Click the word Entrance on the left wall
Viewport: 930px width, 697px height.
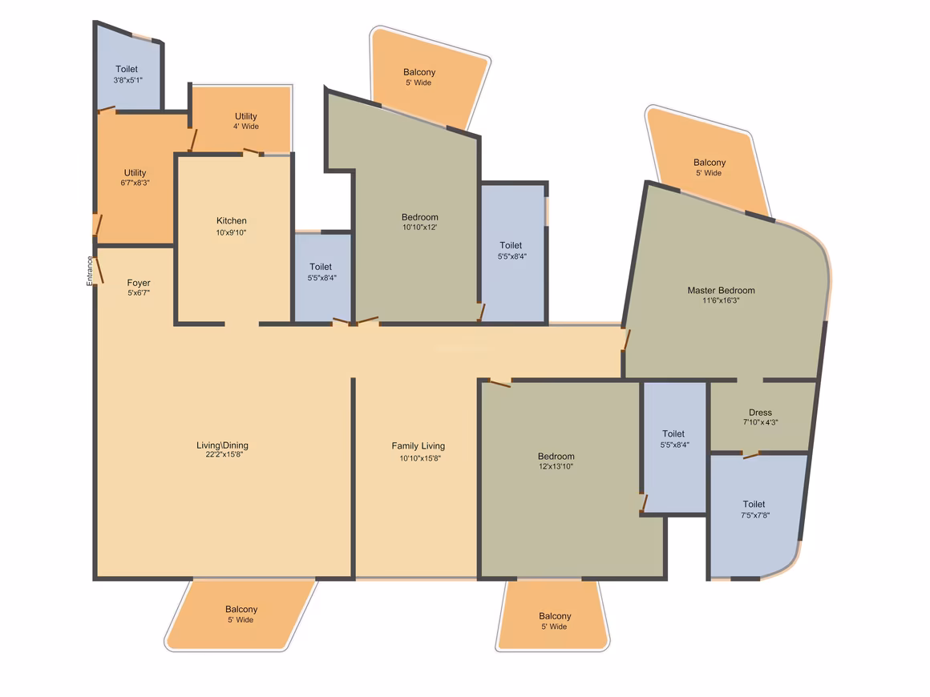[x=90, y=271]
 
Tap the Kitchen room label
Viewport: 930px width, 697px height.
[x=232, y=220]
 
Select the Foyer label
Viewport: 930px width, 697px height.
[x=139, y=283]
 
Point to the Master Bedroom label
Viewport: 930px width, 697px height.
[x=722, y=290]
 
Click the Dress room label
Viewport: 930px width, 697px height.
[x=760, y=413]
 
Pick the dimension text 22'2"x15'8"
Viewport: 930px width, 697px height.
[x=224, y=454]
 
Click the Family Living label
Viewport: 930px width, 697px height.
[x=418, y=445]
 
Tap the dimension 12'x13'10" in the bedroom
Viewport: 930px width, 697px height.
[x=556, y=466]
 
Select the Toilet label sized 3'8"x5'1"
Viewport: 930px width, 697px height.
[x=127, y=69]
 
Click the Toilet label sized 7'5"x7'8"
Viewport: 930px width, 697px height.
[x=754, y=505]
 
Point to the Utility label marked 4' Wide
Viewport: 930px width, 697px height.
[x=246, y=116]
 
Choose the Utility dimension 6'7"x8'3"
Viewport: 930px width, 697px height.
[x=135, y=183]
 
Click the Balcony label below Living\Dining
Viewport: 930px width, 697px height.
[x=241, y=610]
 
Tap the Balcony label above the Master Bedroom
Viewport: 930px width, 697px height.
[x=710, y=163]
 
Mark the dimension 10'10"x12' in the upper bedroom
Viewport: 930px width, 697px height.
[x=420, y=228]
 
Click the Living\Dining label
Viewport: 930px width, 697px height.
[x=222, y=445]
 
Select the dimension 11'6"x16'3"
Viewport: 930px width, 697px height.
[x=722, y=300]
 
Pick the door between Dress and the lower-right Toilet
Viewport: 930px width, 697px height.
[x=751, y=455]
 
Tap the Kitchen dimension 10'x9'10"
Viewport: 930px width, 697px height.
[x=232, y=233]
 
